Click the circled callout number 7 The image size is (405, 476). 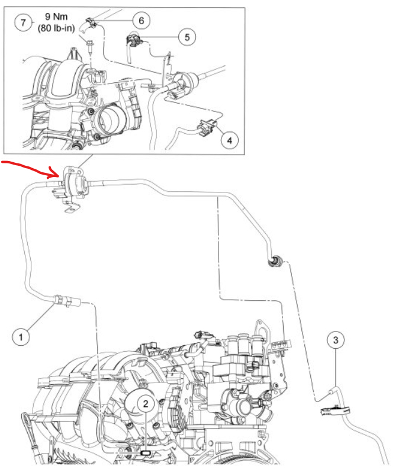22,24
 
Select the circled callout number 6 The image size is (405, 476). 140,20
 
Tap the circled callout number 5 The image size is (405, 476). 187,37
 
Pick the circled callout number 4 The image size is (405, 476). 230,140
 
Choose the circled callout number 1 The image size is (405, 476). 21,337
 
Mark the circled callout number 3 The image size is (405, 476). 336,340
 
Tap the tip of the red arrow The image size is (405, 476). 59,175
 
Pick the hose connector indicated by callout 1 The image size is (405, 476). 64,301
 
